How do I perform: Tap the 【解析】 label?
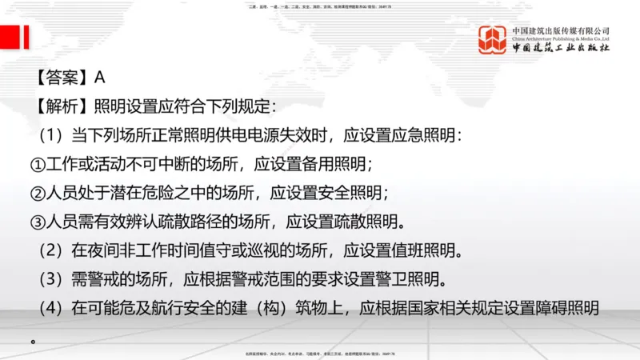click(x=61, y=106)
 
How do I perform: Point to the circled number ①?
click(x=38, y=165)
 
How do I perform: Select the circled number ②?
click(x=38, y=194)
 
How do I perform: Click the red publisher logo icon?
click(x=493, y=40)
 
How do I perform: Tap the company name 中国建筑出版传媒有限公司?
click(x=561, y=30)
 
